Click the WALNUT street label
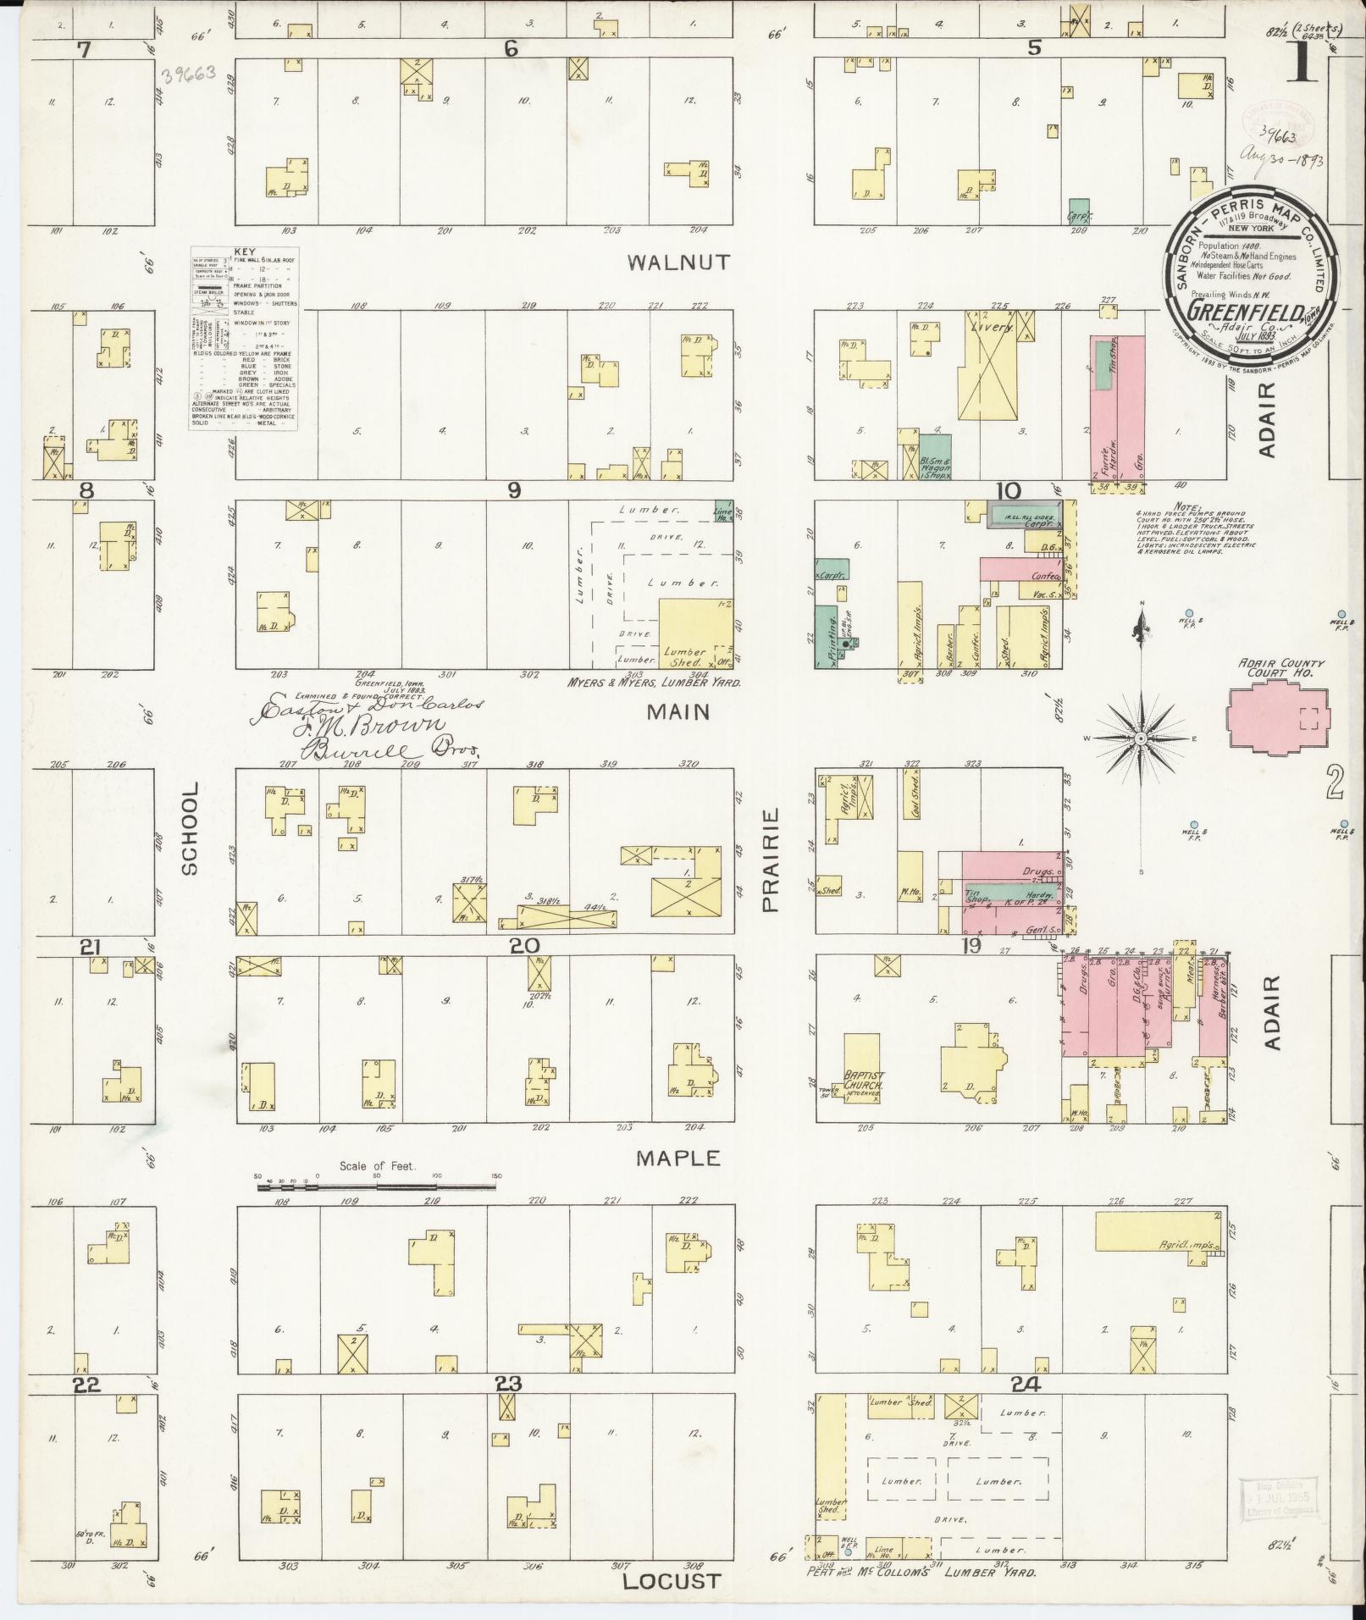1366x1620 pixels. click(x=678, y=263)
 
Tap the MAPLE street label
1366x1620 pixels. click(x=679, y=1158)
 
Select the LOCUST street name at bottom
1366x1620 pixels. click(x=671, y=1581)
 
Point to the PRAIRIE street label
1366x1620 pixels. click(x=770, y=860)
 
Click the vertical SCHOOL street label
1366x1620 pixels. click(x=189, y=828)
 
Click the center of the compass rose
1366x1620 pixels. click(x=1141, y=738)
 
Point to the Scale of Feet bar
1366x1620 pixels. click(x=377, y=1187)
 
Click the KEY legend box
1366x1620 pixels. click(x=243, y=339)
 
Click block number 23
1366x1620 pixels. click(x=508, y=1384)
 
